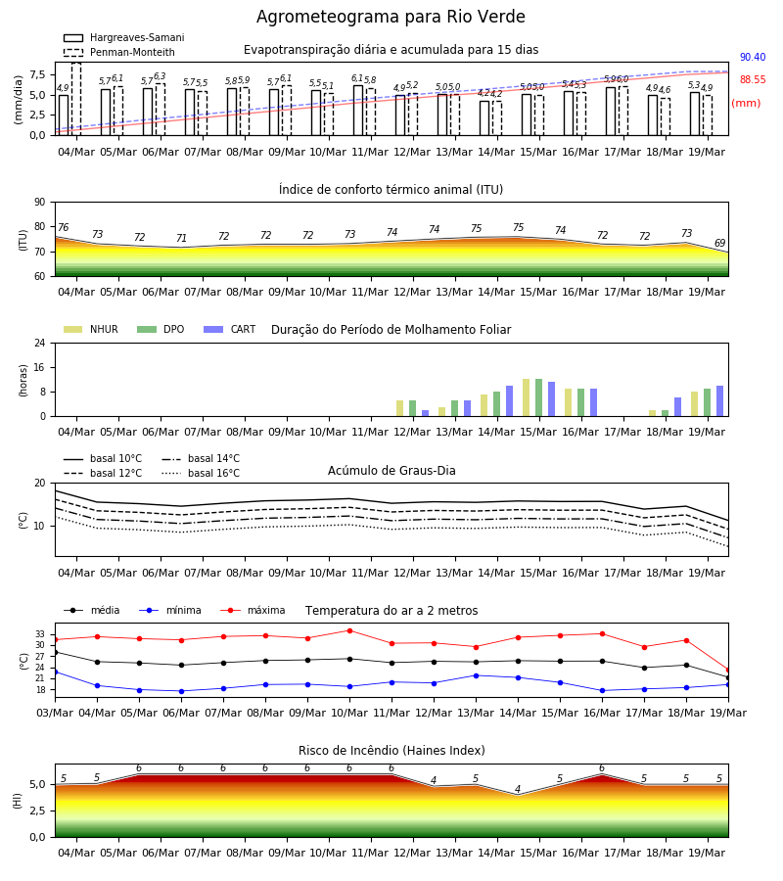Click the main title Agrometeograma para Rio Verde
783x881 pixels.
coord(391,17)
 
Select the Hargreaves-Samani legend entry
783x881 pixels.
coord(124,37)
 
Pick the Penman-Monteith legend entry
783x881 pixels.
coord(119,52)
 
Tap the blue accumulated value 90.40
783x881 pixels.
coord(753,58)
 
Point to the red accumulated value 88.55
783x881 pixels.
coord(753,80)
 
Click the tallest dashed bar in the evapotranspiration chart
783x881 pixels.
coord(76,99)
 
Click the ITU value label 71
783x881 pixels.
coord(181,238)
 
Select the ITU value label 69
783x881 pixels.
coord(720,244)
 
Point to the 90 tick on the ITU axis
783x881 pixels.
coord(40,203)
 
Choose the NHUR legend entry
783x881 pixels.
coord(91,329)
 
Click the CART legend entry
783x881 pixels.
coord(230,329)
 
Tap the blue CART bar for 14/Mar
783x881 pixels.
coord(510,401)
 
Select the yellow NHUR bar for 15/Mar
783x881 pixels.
coord(527,397)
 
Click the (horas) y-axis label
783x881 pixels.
coord(23,381)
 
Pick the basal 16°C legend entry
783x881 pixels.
coord(201,474)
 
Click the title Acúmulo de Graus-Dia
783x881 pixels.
coord(391,471)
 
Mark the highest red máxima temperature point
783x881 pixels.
coord(350,631)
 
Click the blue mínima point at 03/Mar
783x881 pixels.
coord(55,672)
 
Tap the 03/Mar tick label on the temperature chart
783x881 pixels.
coord(55,713)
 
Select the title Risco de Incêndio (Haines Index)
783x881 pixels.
coord(391,751)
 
